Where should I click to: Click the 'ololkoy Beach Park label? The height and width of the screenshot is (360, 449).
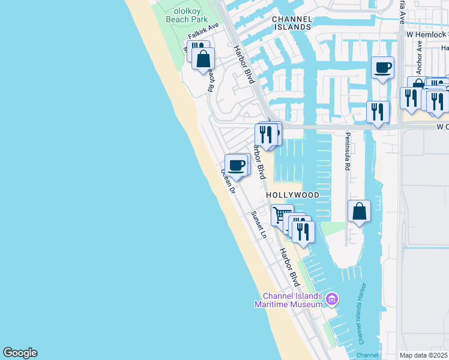click(x=187, y=15)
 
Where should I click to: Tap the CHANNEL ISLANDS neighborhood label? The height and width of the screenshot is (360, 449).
click(x=292, y=23)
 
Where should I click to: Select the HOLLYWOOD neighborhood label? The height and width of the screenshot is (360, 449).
click(x=292, y=196)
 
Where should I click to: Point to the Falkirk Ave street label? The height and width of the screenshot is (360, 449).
click(x=203, y=32)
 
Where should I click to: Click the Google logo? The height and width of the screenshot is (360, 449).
click(x=20, y=353)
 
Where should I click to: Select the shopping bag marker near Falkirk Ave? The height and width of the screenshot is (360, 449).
click(x=203, y=58)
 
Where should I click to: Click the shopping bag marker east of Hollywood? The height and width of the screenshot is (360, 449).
click(x=359, y=211)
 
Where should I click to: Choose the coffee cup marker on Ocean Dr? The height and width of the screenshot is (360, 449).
click(x=237, y=164)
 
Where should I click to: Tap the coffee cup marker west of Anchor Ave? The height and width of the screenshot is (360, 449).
click(x=382, y=67)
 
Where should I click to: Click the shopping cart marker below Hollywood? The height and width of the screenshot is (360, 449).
click(x=282, y=214)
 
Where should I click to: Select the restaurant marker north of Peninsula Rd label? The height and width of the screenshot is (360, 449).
click(x=378, y=111)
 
